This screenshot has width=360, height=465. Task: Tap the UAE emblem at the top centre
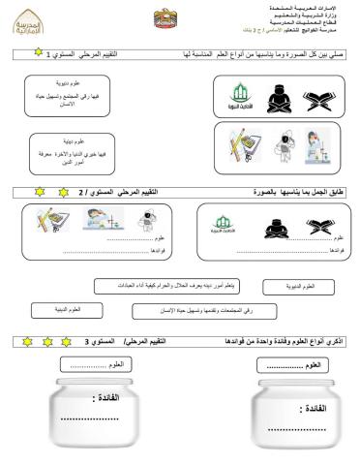coord(165,18)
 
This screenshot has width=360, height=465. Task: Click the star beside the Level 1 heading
coord(12,57)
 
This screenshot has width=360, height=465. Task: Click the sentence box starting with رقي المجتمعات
coord(201,310)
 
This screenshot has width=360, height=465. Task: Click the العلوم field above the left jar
coord(91,365)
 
